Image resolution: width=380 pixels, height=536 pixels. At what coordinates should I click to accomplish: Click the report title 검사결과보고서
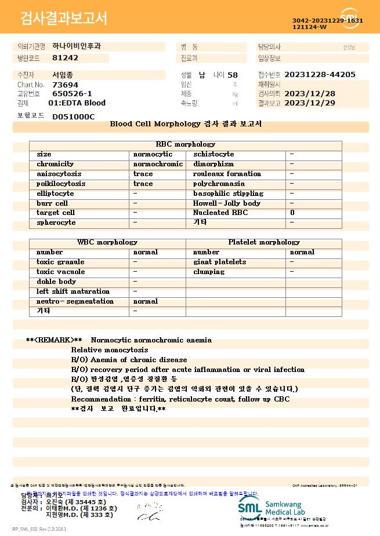tap(64, 19)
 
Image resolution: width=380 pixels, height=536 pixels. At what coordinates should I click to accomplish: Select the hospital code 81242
tap(65, 58)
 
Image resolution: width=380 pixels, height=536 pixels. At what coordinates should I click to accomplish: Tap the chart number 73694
tap(65, 85)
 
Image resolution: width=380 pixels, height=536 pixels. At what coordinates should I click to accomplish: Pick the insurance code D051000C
tap(73, 116)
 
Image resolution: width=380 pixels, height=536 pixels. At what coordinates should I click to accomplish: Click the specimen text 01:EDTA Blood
tap(77, 103)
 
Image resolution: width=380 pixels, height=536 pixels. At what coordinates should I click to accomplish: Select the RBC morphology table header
tap(186, 144)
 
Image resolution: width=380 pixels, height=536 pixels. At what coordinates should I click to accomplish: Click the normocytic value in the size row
tap(153, 154)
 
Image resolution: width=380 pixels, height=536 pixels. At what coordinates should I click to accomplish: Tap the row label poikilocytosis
tap(61, 184)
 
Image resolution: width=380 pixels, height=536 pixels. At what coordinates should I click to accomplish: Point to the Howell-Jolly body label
tap(226, 203)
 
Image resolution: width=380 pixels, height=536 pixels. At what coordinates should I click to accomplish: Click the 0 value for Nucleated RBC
tap(292, 213)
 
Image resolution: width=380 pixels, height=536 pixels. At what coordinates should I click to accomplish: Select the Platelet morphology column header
tap(264, 242)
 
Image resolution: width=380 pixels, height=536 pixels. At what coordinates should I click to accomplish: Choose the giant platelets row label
tap(219, 262)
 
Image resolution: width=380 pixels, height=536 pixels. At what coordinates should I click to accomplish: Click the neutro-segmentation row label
tap(75, 301)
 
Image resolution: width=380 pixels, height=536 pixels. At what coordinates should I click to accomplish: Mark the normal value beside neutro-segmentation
tap(146, 301)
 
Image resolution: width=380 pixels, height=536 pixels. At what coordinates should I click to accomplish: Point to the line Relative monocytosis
tap(110, 350)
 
